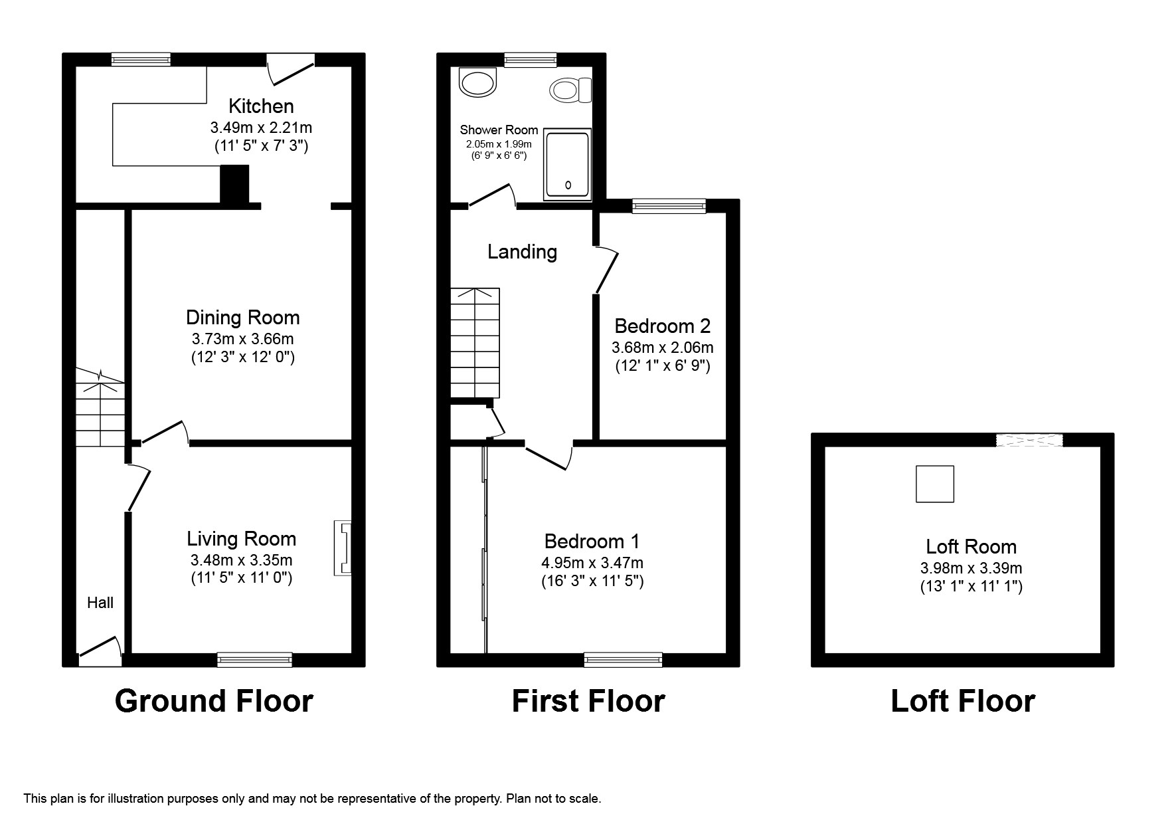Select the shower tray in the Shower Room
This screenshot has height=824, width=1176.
[x=567, y=165]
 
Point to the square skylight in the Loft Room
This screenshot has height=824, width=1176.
[x=934, y=484]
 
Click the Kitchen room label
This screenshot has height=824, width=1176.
[x=261, y=106]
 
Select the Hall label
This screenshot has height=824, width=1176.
[x=100, y=603]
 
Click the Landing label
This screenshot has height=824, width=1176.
[x=522, y=252]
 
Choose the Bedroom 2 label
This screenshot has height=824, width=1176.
[x=662, y=326]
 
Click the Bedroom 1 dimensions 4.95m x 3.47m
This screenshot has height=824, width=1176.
[x=592, y=563]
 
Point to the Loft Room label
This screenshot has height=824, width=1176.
[x=971, y=547]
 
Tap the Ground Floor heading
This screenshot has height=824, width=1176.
[x=214, y=701]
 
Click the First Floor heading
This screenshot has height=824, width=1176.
[x=588, y=701]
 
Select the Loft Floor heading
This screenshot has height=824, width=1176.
[x=962, y=701]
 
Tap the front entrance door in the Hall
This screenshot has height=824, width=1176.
[x=100, y=651]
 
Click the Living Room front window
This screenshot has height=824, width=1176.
[x=254, y=659]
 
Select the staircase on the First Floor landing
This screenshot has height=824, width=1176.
[x=475, y=343]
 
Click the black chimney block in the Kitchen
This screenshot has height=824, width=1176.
[x=234, y=184]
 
